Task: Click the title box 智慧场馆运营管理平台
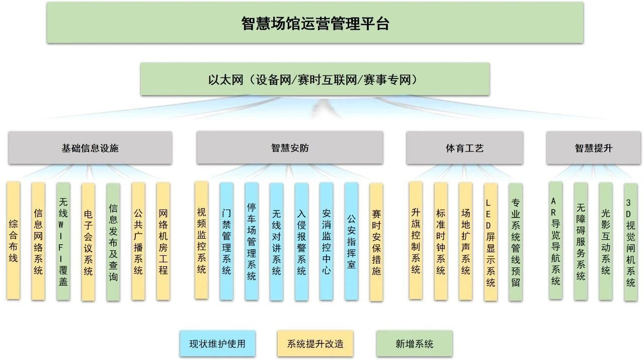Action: (x=315, y=23)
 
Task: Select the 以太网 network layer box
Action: (x=315, y=79)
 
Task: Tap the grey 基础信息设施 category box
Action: (x=90, y=148)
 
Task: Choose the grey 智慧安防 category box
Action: (x=290, y=148)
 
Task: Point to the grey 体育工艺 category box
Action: (x=464, y=148)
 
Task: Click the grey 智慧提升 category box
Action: (x=594, y=148)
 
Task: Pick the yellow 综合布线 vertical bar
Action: (x=14, y=241)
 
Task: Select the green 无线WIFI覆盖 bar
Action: (x=63, y=241)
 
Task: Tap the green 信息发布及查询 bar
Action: (x=113, y=241)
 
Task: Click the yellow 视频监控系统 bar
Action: (x=201, y=241)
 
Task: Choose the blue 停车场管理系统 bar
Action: (x=252, y=241)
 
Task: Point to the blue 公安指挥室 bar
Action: (x=351, y=241)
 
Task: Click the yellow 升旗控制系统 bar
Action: (x=416, y=241)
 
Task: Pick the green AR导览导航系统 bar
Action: (x=555, y=241)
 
